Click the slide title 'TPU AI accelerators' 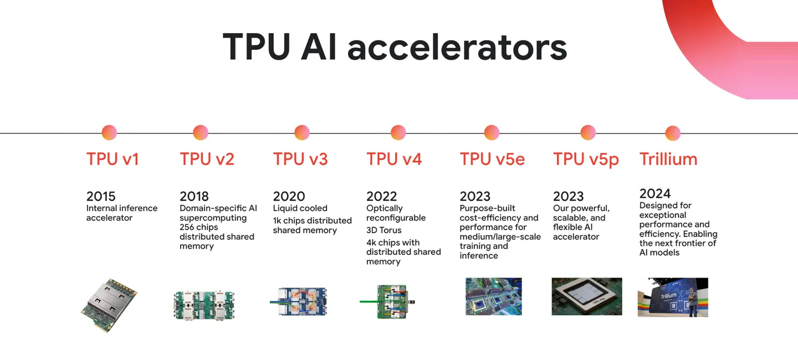(x=395, y=47)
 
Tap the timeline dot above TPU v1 (x=109, y=132)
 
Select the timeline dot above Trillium (x=673, y=133)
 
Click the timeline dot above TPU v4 (x=398, y=132)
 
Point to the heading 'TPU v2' (x=207, y=159)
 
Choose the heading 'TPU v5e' (x=492, y=159)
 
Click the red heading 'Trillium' (x=668, y=159)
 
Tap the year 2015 (x=101, y=196)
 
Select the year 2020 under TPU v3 (x=289, y=196)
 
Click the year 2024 (x=655, y=193)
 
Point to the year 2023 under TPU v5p (x=568, y=196)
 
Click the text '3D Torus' (x=383, y=230)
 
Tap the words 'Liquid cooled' (x=300, y=208)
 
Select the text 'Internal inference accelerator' (x=122, y=213)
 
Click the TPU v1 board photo (x=109, y=305)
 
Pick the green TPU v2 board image (x=204, y=306)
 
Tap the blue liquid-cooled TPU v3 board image (x=299, y=302)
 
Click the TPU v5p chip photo (x=587, y=297)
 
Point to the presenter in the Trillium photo (x=692, y=302)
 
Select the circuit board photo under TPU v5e (x=494, y=297)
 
